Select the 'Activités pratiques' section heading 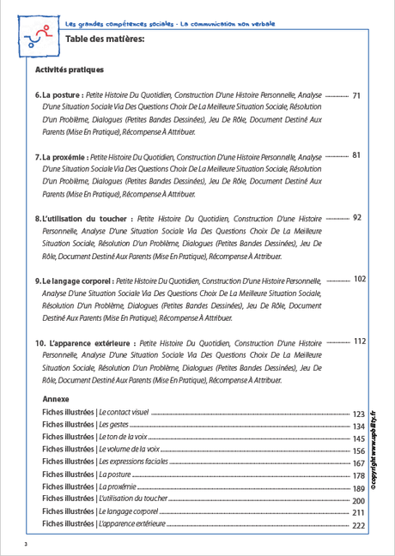[x=69, y=69]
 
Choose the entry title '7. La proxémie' [x=61, y=158]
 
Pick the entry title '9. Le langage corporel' [x=74, y=281]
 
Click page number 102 [x=360, y=279]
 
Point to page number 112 [x=360, y=341]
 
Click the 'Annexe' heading [x=55, y=399]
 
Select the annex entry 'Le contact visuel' [x=124, y=413]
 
